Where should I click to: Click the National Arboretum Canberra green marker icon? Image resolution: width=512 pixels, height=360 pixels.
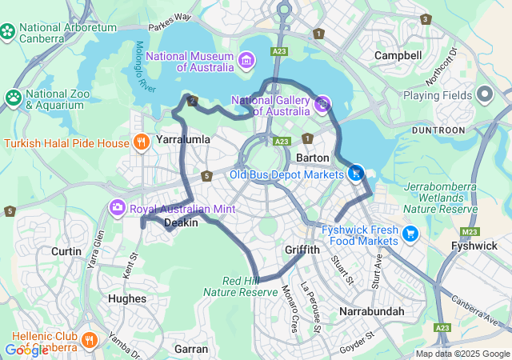point(9,32)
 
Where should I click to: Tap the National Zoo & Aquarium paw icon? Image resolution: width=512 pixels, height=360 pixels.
point(14,98)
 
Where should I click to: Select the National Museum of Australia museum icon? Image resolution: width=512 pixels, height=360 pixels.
point(246,61)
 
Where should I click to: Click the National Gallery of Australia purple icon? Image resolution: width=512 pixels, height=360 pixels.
point(322,102)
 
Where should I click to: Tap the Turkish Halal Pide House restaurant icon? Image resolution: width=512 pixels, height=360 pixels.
point(142,143)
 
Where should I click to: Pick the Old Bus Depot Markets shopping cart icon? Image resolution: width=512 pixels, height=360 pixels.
point(356,173)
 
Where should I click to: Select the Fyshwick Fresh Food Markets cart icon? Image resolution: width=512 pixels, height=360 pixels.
point(410,234)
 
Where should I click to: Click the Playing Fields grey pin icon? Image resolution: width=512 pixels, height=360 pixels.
point(484,95)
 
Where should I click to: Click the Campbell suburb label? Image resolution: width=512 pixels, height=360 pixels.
point(398,55)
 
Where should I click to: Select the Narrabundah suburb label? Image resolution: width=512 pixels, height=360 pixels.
point(371,310)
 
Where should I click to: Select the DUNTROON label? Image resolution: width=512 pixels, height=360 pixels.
point(438,130)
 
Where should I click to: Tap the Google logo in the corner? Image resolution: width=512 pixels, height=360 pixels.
point(26,350)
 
